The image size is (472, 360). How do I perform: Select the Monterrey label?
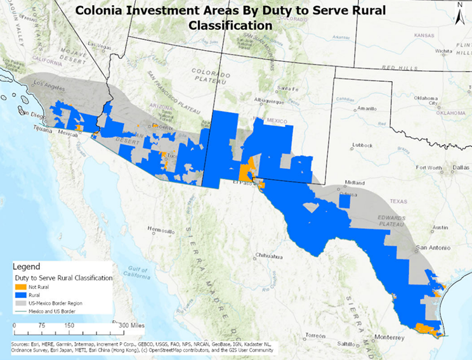tap(389, 339)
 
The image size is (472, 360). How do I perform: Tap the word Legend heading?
tap(26, 267)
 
